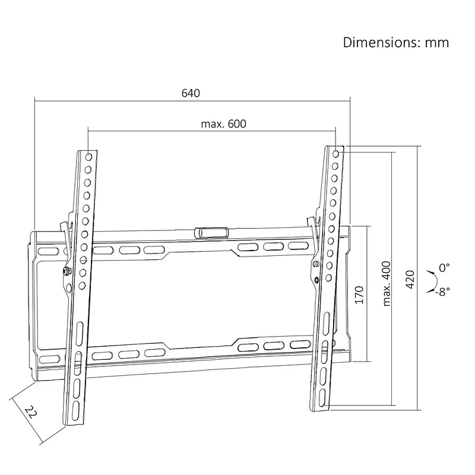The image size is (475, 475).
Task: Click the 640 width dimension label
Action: [x=191, y=93]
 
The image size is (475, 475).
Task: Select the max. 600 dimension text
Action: [x=224, y=124]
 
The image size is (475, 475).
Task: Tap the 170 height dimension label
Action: [x=359, y=294]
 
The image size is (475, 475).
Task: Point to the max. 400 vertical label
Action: [x=387, y=284]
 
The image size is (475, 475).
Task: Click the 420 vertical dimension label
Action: [x=410, y=279]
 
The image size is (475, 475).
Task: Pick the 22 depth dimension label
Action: [x=31, y=412]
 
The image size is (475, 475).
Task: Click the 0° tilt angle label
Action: [x=444, y=268]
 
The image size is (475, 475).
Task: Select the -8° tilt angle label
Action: [x=442, y=292]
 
